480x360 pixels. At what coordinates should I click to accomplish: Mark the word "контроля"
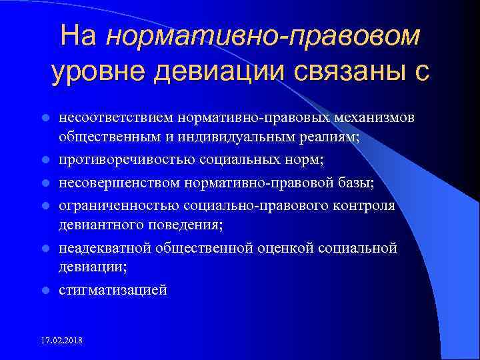365,205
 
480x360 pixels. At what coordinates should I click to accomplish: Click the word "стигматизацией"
113,291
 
